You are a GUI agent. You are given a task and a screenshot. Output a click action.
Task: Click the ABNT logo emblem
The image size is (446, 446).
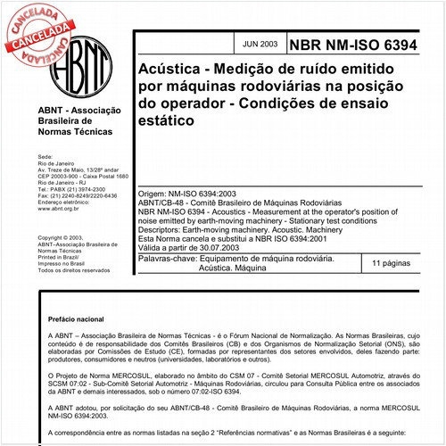pos(83,60)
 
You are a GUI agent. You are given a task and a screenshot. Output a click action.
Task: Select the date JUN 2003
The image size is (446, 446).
pos(259,42)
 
